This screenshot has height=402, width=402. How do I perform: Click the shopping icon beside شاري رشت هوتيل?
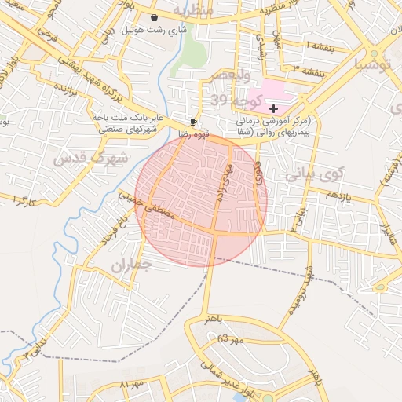tap(153, 17)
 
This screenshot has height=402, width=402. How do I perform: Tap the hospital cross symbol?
tap(272, 108)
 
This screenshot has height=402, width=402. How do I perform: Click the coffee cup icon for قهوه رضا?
tap(194, 122)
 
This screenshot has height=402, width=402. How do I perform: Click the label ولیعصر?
tap(228, 76)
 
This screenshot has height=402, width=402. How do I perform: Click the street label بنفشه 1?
tap(318, 45)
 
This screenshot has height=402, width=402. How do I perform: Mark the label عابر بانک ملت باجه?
tap(127, 118)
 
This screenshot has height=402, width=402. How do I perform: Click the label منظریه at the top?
tap(193, 9)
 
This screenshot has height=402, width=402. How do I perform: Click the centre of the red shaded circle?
tap(201, 200)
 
